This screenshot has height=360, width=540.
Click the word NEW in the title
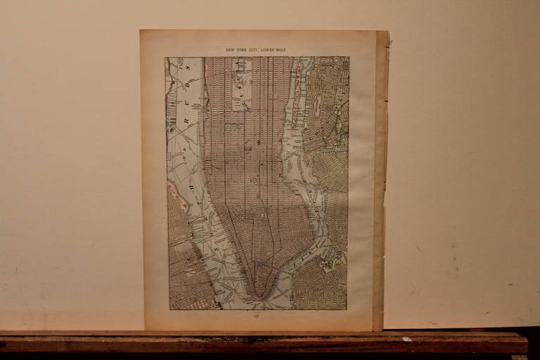[x=230, y=50]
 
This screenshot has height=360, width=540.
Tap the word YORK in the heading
[x=241, y=50]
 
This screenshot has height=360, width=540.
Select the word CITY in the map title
[x=253, y=50]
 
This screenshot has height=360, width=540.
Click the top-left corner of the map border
[x=165, y=57]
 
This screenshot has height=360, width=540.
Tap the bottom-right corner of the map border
[x=347, y=309]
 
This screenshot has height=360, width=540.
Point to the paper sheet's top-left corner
[x=141, y=30]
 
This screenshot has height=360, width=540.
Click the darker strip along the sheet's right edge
[x=380, y=176]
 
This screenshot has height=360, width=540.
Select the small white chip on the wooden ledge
[x=406, y=339]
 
